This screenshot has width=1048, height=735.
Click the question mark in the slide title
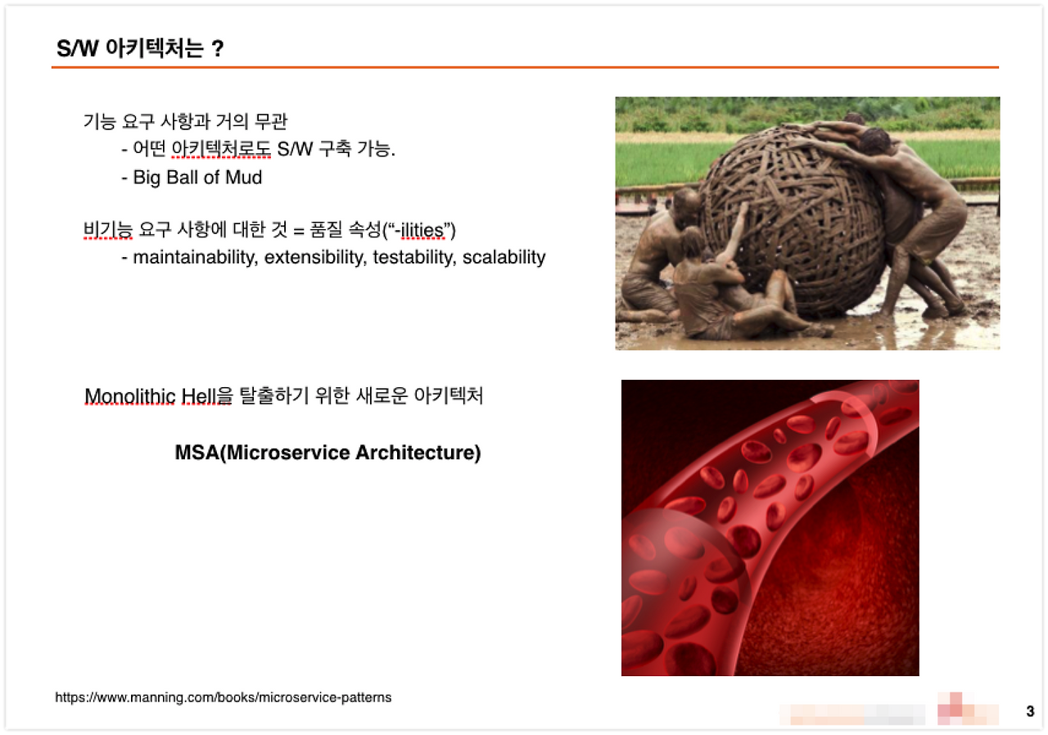click(217, 48)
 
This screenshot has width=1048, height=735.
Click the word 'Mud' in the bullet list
click(244, 178)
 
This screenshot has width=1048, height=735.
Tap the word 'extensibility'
click(315, 258)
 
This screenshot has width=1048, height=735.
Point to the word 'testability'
click(414, 258)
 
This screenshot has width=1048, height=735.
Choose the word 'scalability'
click(504, 258)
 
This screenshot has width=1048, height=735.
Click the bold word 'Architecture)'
click(418, 453)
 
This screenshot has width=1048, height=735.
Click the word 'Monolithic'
click(130, 396)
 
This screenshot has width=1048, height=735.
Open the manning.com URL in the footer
click(224, 697)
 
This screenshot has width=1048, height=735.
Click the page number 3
click(1030, 711)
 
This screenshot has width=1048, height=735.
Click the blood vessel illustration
click(770, 527)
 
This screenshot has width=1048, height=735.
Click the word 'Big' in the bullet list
click(147, 178)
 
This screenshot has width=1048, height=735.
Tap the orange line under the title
click(525, 67)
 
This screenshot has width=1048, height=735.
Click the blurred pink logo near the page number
click(968, 709)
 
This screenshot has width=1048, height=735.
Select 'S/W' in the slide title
click(78, 48)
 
